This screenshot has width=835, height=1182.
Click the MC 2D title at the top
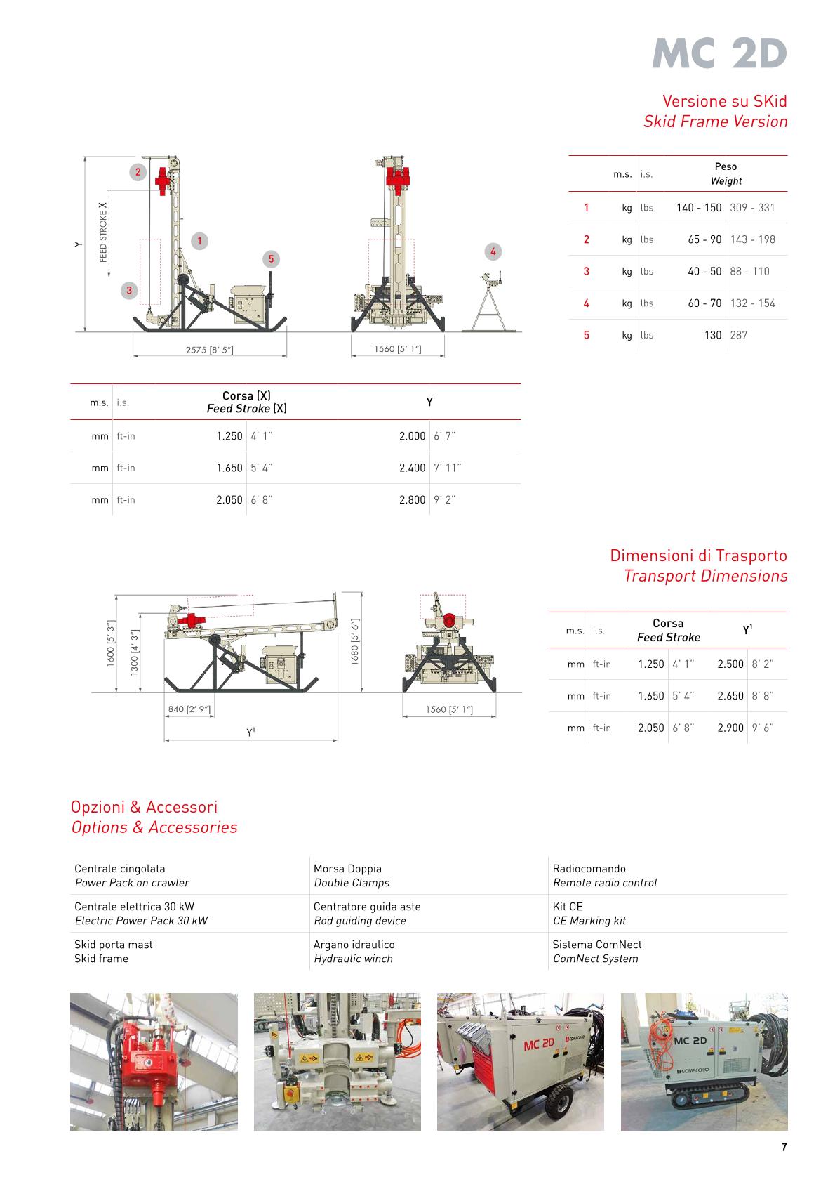point(719,53)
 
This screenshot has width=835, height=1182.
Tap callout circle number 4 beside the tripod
point(493,251)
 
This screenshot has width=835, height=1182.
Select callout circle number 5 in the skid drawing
point(271,259)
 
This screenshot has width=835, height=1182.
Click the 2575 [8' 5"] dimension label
point(209,350)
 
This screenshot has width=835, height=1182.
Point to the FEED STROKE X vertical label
point(104,232)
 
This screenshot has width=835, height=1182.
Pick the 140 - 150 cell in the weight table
point(698,208)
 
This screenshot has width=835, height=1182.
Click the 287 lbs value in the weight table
point(739,336)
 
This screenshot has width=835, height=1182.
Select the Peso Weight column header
point(726,173)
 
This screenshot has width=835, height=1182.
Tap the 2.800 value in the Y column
point(412,500)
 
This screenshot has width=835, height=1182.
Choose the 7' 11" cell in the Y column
point(447,468)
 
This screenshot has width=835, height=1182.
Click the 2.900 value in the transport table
point(730,728)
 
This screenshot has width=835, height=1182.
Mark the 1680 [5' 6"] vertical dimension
point(355,641)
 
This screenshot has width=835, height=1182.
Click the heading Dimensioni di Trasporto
point(698,556)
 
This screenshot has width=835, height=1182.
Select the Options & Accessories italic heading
point(154,827)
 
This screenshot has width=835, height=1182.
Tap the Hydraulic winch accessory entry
point(353,959)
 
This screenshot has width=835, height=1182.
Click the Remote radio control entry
point(605,883)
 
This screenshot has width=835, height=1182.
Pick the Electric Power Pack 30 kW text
point(141,921)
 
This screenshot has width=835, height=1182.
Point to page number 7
point(784,1148)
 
